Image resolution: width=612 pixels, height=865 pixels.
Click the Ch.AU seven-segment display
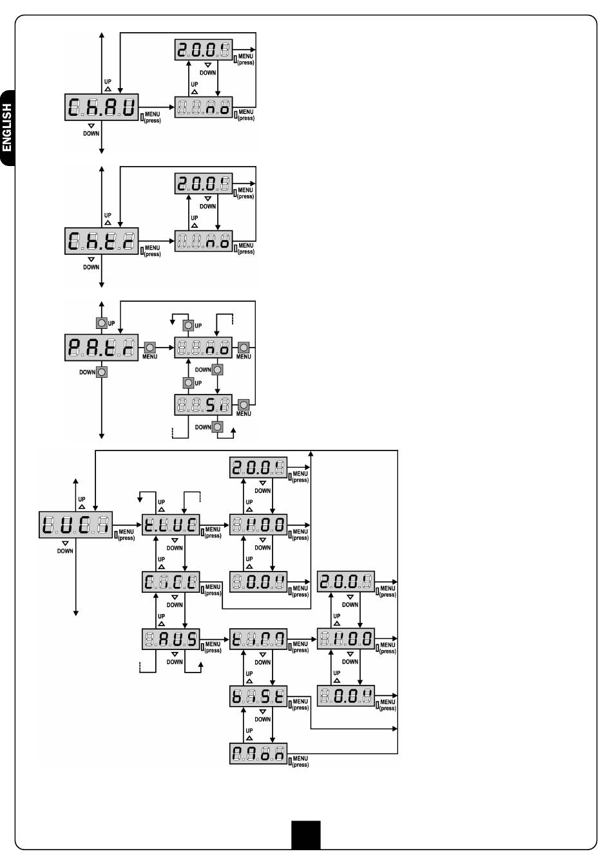pos(102,107)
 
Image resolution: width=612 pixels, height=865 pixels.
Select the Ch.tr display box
pos(102,241)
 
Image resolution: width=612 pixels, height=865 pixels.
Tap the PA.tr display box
pos(102,348)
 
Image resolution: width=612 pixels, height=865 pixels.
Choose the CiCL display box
pos(171,582)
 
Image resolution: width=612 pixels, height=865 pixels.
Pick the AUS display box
pos(171,639)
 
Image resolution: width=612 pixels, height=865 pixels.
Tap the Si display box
pos(204,405)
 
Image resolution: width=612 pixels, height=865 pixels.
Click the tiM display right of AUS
pos(258,639)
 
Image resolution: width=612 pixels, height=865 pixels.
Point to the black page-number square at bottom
pos(305,834)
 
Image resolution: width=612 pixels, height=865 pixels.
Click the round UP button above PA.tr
pos(101,323)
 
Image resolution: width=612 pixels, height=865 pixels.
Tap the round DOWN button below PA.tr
pos(102,372)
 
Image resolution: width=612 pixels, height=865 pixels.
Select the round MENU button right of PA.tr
pos(149,347)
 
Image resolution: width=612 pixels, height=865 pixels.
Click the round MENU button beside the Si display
pos(244,405)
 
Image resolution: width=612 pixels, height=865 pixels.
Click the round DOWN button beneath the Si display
pos(218,427)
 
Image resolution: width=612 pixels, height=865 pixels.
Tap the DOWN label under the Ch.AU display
pos(91,133)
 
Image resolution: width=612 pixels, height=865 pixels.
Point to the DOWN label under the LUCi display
pos(65,551)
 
